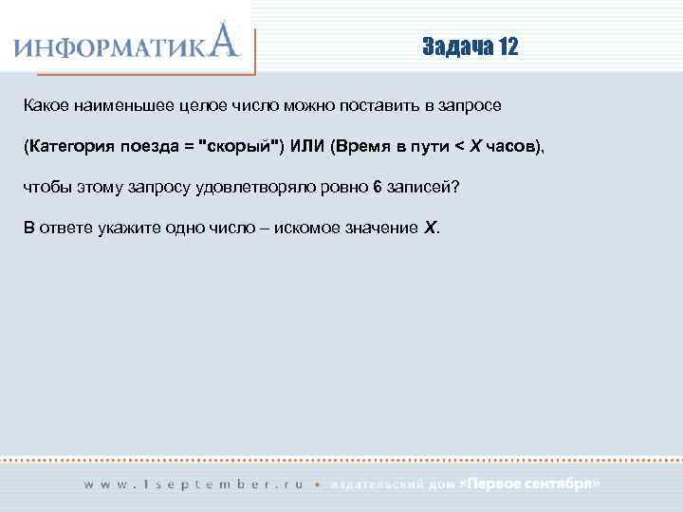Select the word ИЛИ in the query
coord(306,146)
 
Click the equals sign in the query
coord(191,146)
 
